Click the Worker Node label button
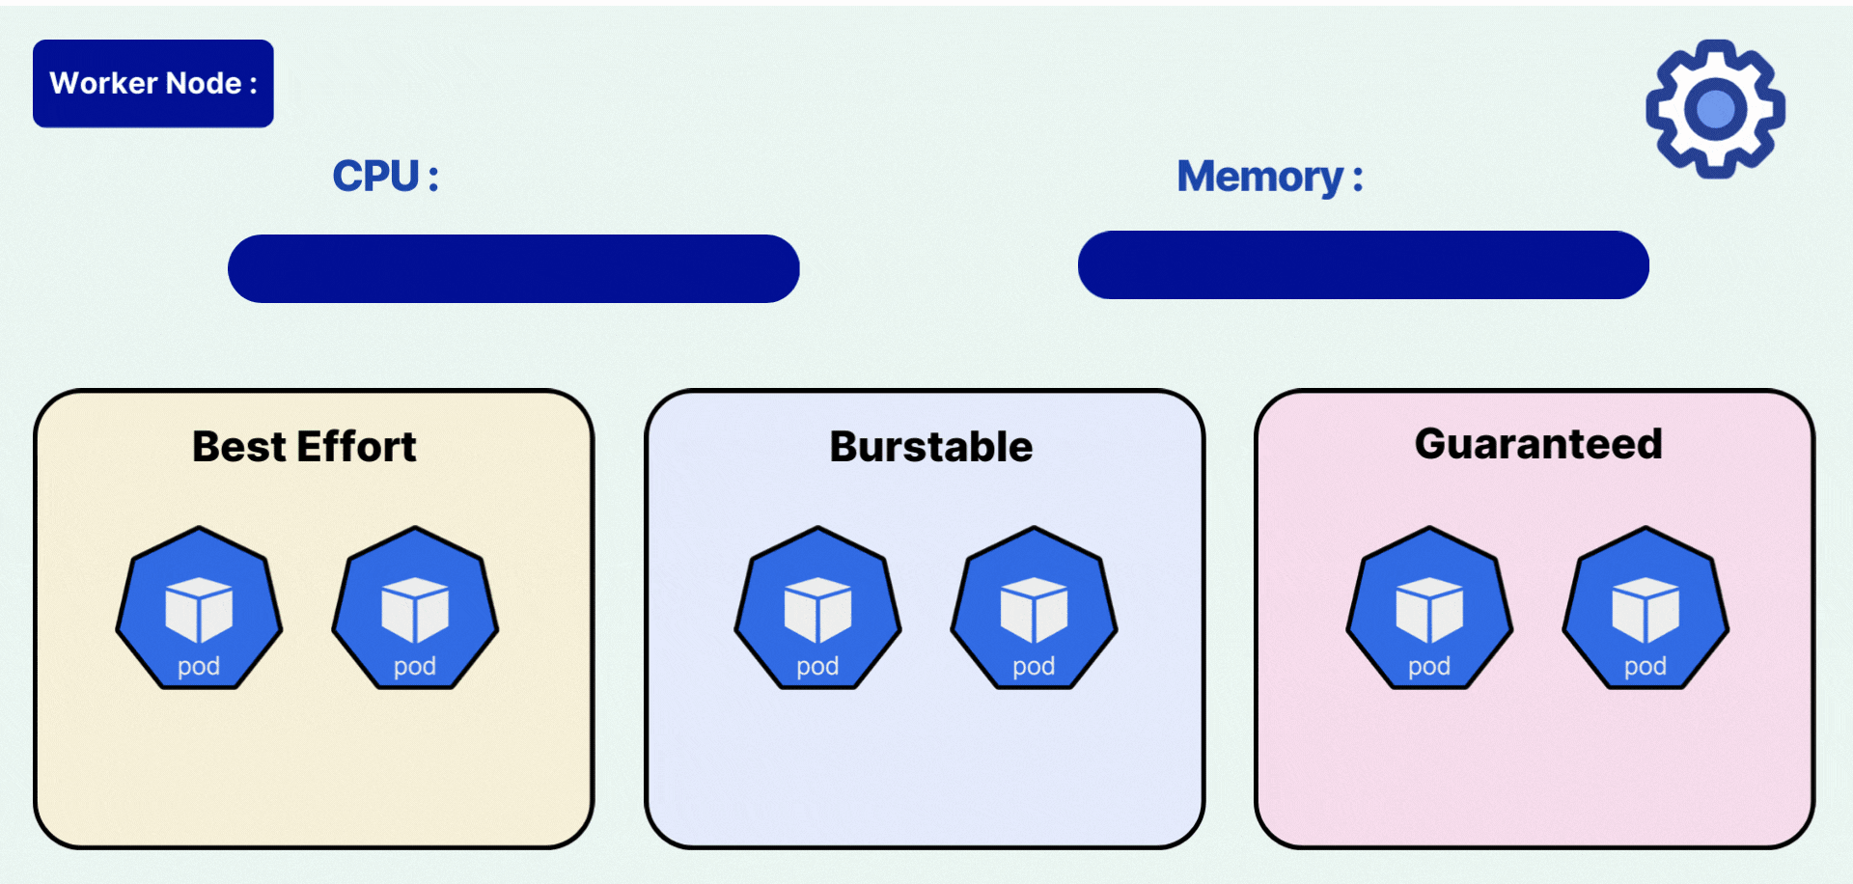[152, 84]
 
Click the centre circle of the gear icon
[1715, 109]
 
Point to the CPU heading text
[385, 177]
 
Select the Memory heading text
[1268, 177]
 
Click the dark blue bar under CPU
[513, 268]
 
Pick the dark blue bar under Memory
[1363, 264]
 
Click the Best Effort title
[304, 447]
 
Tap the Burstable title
[930, 447]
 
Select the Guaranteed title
[1538, 444]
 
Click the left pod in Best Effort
[199, 608]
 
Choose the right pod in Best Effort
[415, 608]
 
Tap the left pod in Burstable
[817, 608]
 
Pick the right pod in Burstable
[1034, 608]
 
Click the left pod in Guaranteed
[1429, 608]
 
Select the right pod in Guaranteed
[1646, 608]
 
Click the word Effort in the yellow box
[356, 447]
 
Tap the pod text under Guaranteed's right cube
[1646, 666]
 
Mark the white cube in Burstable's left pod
[817, 609]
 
